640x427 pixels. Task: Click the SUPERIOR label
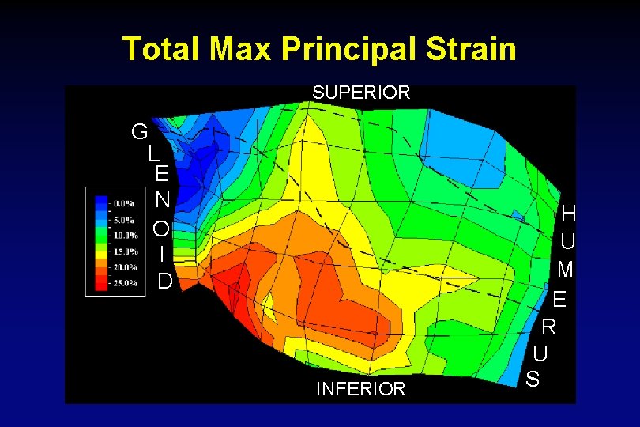coord(361,93)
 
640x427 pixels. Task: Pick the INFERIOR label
coord(360,388)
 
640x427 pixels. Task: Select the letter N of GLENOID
coord(161,201)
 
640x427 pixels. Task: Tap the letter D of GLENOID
coord(164,281)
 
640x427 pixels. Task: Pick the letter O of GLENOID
coord(161,229)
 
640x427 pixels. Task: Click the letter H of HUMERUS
coord(568,213)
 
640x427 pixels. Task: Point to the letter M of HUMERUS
coord(564,270)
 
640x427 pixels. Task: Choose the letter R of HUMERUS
coord(548,326)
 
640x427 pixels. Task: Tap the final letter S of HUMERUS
coord(533,379)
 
